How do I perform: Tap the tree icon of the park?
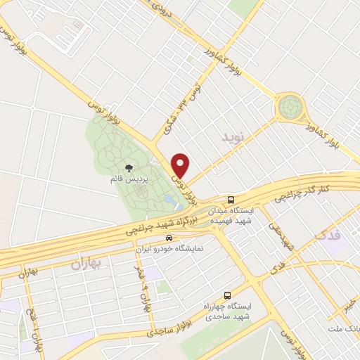coord(129,168)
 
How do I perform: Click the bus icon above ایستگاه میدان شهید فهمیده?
coord(232,199)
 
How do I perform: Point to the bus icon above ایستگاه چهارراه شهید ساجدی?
coord(226,296)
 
